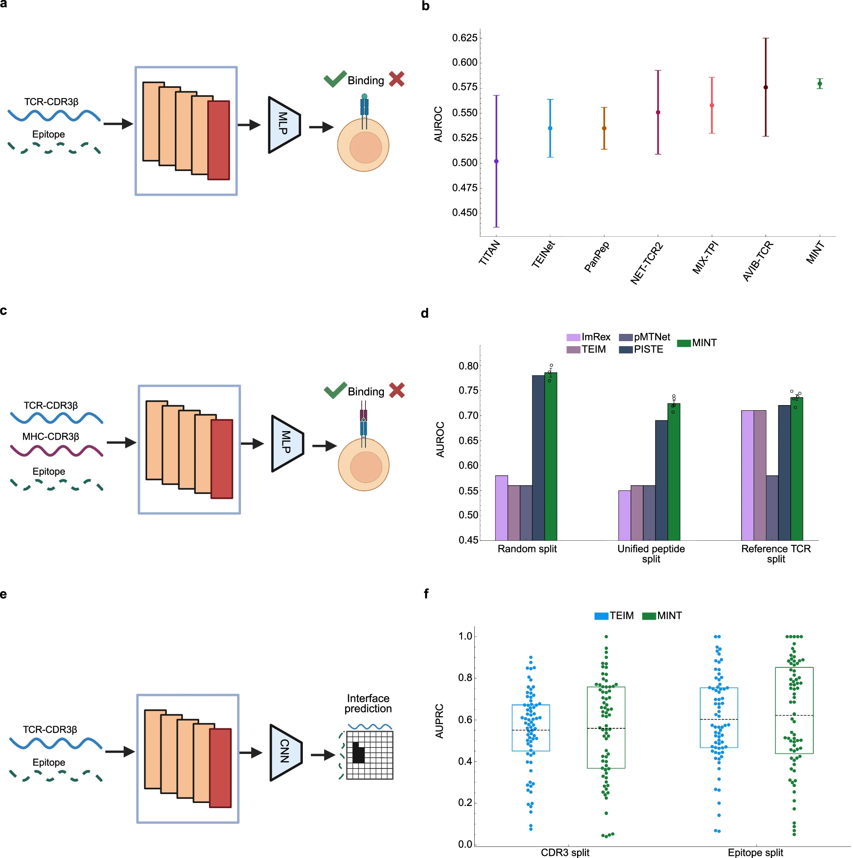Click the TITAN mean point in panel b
tap(496, 161)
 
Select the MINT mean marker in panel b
tap(820, 84)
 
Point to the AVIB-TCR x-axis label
tap(757, 261)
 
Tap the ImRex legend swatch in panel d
tap(573, 337)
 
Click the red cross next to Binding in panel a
tap(396, 79)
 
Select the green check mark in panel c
tap(335, 390)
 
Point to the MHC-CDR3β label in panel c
tap(51, 437)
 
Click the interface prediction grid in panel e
tap(370, 755)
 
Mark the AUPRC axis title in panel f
tap(439, 721)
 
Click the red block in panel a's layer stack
tap(218, 140)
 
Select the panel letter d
tap(425, 313)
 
